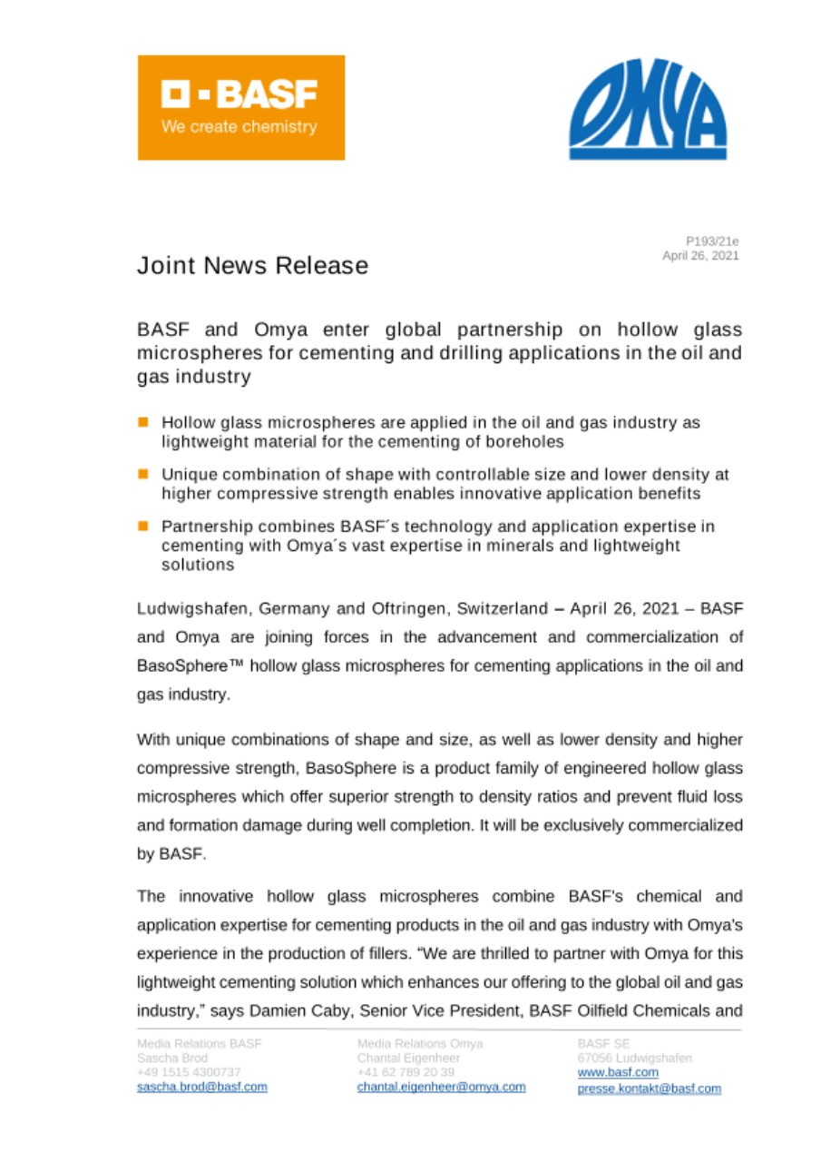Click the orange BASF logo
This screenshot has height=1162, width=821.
pos(240,107)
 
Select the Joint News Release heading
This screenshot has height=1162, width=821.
pos(252,266)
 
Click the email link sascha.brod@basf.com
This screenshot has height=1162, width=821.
pos(201,1088)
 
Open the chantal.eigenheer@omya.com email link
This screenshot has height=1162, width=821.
pos(442,1088)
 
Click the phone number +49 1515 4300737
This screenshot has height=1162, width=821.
pos(188,1073)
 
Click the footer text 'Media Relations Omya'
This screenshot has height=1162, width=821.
pos(420,1044)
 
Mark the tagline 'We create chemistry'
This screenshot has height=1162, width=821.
pos(239,126)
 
